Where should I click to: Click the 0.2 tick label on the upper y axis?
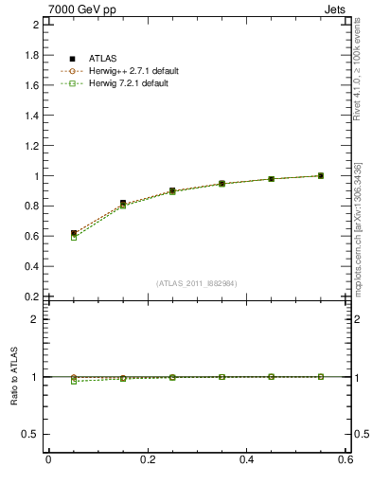click(x=33, y=296)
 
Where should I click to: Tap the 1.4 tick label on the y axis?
click(x=33, y=116)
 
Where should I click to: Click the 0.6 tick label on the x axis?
click(x=345, y=459)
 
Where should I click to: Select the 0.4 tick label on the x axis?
click(x=247, y=459)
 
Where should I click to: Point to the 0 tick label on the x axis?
click(x=48, y=459)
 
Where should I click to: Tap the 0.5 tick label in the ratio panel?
click(x=33, y=434)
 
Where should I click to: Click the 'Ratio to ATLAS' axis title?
click(x=14, y=376)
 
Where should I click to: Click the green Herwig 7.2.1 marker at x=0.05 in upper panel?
click(x=73, y=237)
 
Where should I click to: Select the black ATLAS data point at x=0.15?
click(x=123, y=203)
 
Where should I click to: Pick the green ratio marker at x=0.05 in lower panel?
click(x=73, y=381)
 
